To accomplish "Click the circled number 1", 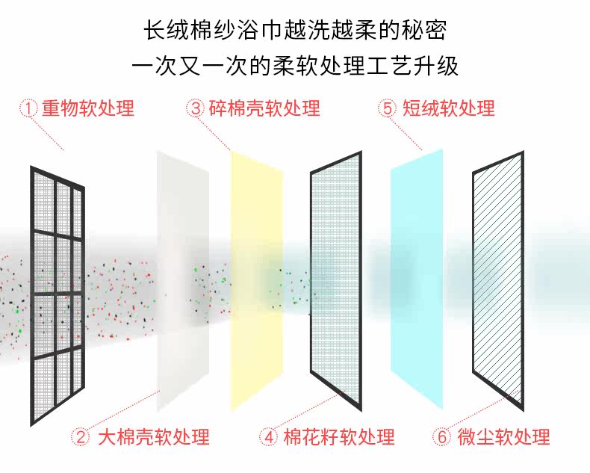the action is click(x=28, y=108).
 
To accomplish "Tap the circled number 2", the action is click(x=81, y=436).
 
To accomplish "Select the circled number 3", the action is click(x=196, y=108).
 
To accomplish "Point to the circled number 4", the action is click(x=269, y=436).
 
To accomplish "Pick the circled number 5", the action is click(x=387, y=108).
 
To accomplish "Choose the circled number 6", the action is click(x=443, y=436).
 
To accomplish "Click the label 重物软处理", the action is click(x=88, y=108).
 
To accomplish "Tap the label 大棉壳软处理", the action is click(x=154, y=436).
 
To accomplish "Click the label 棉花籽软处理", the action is click(x=339, y=436).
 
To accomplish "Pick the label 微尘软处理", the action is click(x=504, y=436).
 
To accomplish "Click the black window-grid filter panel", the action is click(x=57, y=295).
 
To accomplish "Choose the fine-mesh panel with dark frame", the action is click(x=336, y=280).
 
